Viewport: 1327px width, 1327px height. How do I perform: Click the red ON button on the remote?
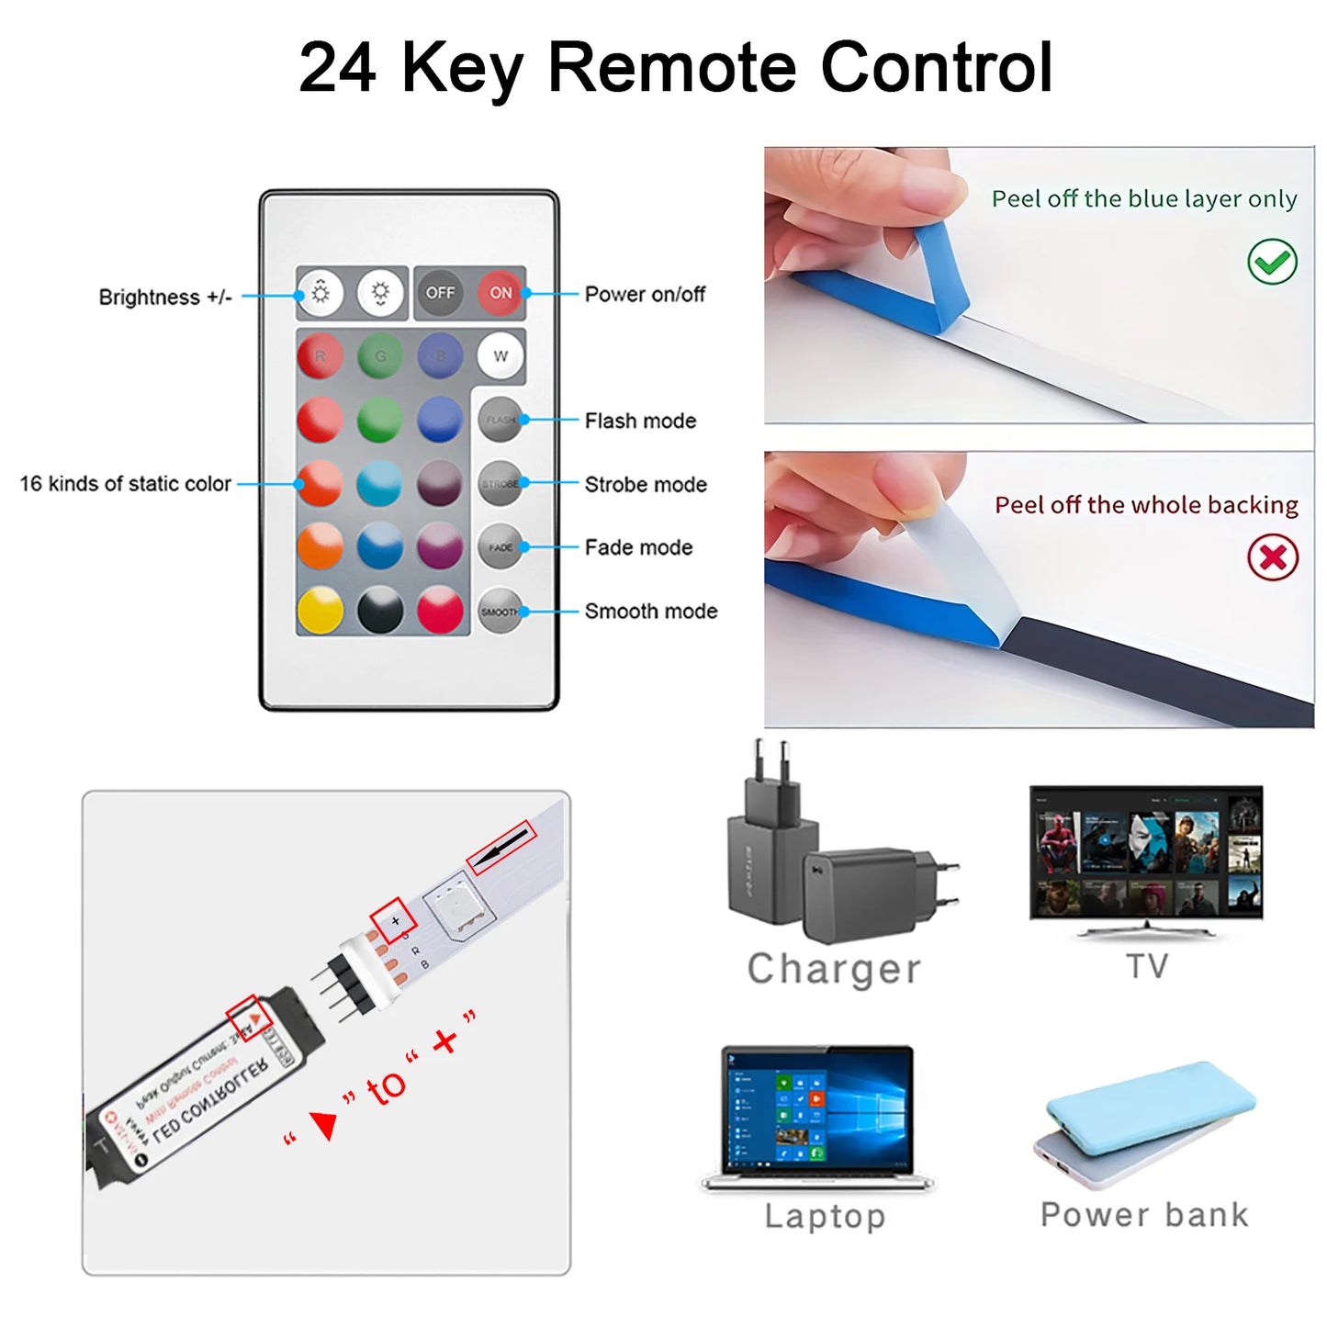click(500, 293)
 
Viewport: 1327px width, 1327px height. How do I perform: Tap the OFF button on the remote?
click(440, 293)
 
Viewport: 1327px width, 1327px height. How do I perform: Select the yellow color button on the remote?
click(320, 610)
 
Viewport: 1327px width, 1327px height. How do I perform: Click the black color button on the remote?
click(380, 610)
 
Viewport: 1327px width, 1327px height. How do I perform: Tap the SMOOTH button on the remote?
click(500, 612)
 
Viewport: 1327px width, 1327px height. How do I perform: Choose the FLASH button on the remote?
click(500, 420)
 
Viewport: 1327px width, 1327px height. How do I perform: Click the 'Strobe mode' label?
click(646, 485)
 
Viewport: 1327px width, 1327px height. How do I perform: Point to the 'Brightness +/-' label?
click(165, 298)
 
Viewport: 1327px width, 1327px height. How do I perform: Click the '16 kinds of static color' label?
click(126, 484)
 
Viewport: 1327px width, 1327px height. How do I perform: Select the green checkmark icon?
click(1272, 263)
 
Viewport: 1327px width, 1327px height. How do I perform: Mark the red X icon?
click(1272, 557)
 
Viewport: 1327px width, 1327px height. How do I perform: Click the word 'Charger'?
click(834, 969)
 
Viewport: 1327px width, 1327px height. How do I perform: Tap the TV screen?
click(1146, 851)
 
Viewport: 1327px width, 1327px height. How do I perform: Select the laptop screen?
click(816, 1110)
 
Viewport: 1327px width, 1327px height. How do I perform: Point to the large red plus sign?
click(444, 1040)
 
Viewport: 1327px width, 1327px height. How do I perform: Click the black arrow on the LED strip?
click(501, 848)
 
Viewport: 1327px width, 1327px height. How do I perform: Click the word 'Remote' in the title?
click(671, 67)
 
